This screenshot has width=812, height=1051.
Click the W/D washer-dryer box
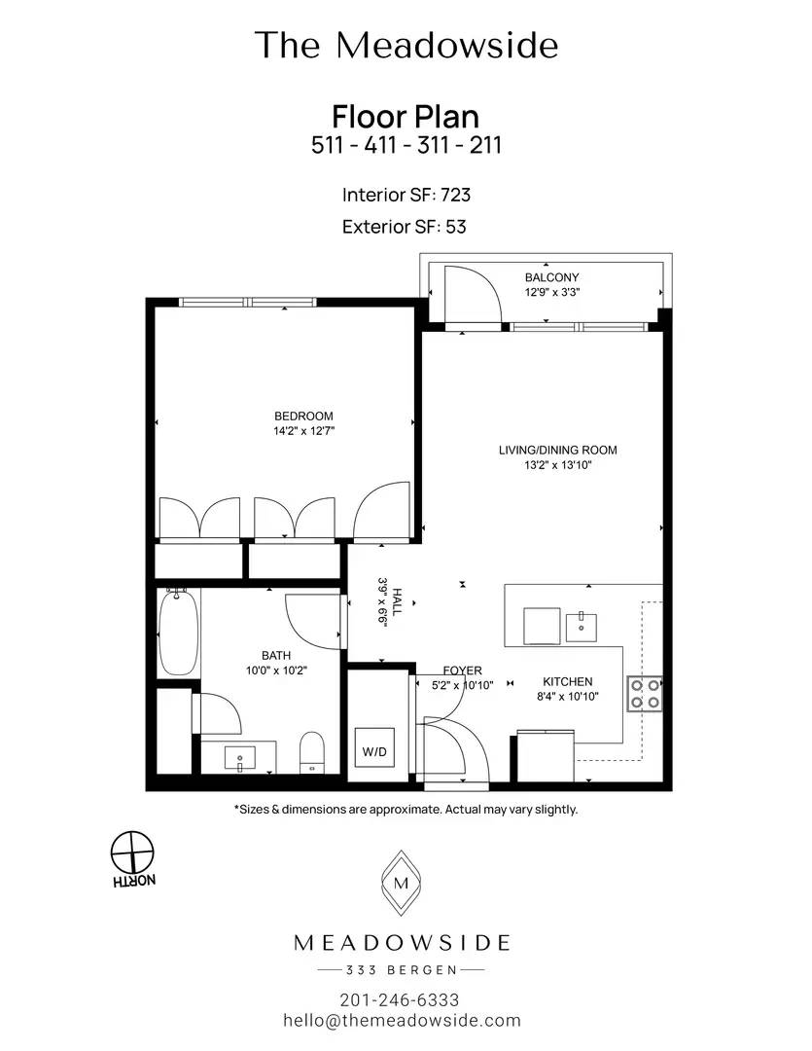[x=374, y=751]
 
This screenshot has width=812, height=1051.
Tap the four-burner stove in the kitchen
[x=645, y=694]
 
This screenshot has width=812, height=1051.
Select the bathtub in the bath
[x=179, y=633]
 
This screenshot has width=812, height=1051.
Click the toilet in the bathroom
[x=311, y=752]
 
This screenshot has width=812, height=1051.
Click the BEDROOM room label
[x=303, y=417]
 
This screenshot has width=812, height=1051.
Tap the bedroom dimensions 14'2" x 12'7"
[x=303, y=431]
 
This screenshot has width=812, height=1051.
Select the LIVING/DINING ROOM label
[x=557, y=451]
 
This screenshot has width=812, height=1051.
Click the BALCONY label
[x=552, y=277]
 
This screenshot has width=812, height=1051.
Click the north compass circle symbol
[x=132, y=852]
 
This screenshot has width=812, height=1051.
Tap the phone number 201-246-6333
[x=400, y=1000]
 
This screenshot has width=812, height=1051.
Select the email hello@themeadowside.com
[x=402, y=1021]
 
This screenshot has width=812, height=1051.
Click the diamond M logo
[x=402, y=883]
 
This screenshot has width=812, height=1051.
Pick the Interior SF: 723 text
[x=406, y=195]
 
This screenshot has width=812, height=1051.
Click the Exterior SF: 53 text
[x=404, y=227]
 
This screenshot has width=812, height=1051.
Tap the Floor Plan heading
[x=406, y=117]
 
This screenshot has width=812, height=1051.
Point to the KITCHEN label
[x=568, y=681]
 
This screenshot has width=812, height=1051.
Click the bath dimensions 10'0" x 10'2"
[x=277, y=670]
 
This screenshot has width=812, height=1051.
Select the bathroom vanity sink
[x=239, y=757]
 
